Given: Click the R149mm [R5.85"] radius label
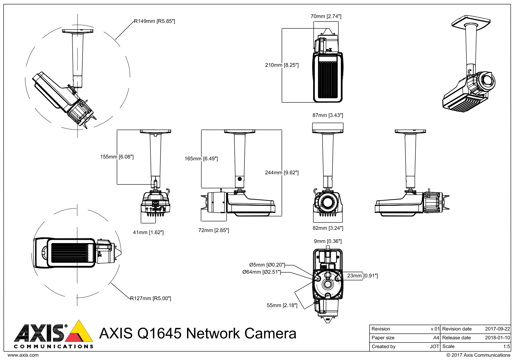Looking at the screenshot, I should coord(154,21).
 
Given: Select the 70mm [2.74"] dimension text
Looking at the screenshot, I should coord(326,16).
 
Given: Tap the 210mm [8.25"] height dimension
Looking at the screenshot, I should coord(282,65).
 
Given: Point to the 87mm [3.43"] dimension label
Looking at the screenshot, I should coord(328,115).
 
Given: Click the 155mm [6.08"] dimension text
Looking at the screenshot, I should coord(117,157).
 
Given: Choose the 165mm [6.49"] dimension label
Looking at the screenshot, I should coord(201,158).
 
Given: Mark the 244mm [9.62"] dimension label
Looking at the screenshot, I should coord(282,173).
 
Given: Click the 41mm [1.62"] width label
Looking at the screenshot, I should coord(148,232).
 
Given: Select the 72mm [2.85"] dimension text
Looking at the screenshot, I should coord(214,230).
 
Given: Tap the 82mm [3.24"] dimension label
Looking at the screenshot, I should coord(328,228).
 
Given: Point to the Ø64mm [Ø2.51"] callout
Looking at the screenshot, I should coord(262,272).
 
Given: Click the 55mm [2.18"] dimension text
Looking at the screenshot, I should coord(282,305).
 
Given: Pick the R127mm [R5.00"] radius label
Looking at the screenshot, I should coord(151,298).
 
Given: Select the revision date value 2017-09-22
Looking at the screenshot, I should coord(497,329).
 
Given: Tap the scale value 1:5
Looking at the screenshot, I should coord(506,347).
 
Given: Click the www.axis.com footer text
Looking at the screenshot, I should coord(23,355).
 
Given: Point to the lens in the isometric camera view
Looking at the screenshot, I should coord(487,80).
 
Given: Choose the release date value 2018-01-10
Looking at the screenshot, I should coord(497,338).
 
